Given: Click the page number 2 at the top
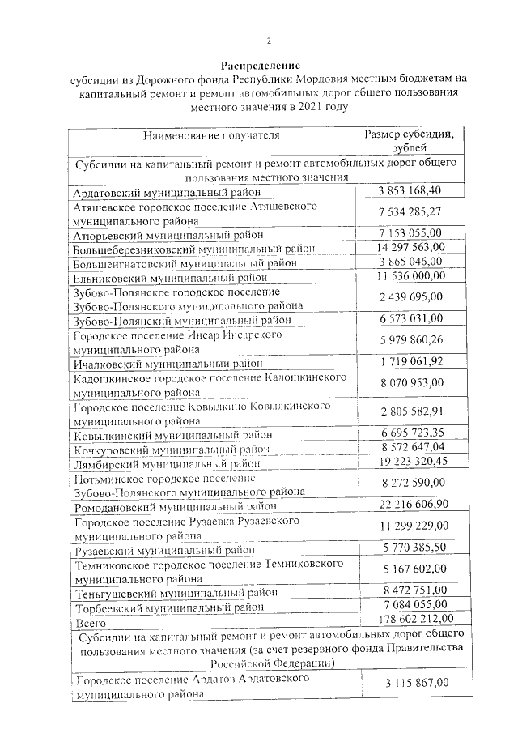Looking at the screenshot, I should [269, 41].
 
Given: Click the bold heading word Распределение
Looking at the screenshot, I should [261, 65].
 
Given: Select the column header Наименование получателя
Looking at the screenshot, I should [212, 134].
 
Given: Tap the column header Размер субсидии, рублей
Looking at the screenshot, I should [413, 141].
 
